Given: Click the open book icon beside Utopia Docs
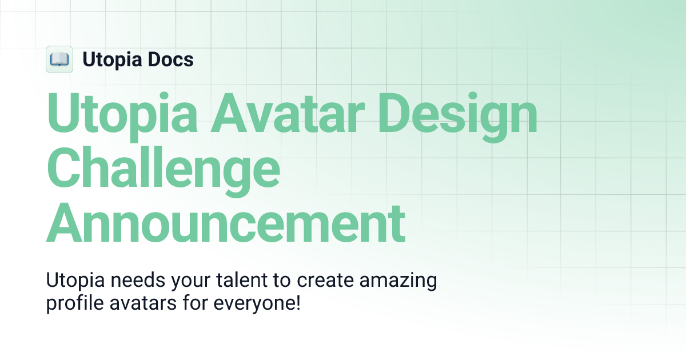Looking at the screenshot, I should [59, 59].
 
